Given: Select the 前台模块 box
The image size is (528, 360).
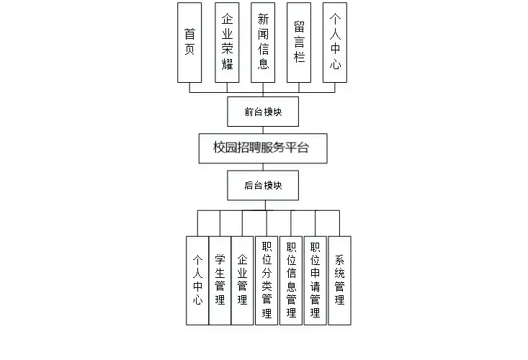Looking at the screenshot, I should [262, 111].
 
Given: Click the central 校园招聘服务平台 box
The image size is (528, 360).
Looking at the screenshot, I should [262, 148].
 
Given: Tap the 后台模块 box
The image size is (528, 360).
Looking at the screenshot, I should [262, 185].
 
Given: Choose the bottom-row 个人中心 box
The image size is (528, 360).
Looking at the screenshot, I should [197, 280].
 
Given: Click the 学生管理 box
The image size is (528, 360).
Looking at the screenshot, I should [220, 280].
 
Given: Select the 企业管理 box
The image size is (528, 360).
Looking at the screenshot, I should [242, 280].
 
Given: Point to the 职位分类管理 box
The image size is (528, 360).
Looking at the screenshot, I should [267, 280].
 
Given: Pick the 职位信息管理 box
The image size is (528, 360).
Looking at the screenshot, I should [291, 280].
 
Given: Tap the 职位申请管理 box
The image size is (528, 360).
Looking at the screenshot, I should [315, 280].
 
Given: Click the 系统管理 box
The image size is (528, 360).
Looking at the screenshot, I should [339, 280].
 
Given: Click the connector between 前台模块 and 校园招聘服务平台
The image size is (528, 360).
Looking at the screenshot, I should [262, 130].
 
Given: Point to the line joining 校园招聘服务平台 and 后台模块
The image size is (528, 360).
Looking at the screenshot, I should [262, 167].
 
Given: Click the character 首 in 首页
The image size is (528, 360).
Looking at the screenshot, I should [190, 34].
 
